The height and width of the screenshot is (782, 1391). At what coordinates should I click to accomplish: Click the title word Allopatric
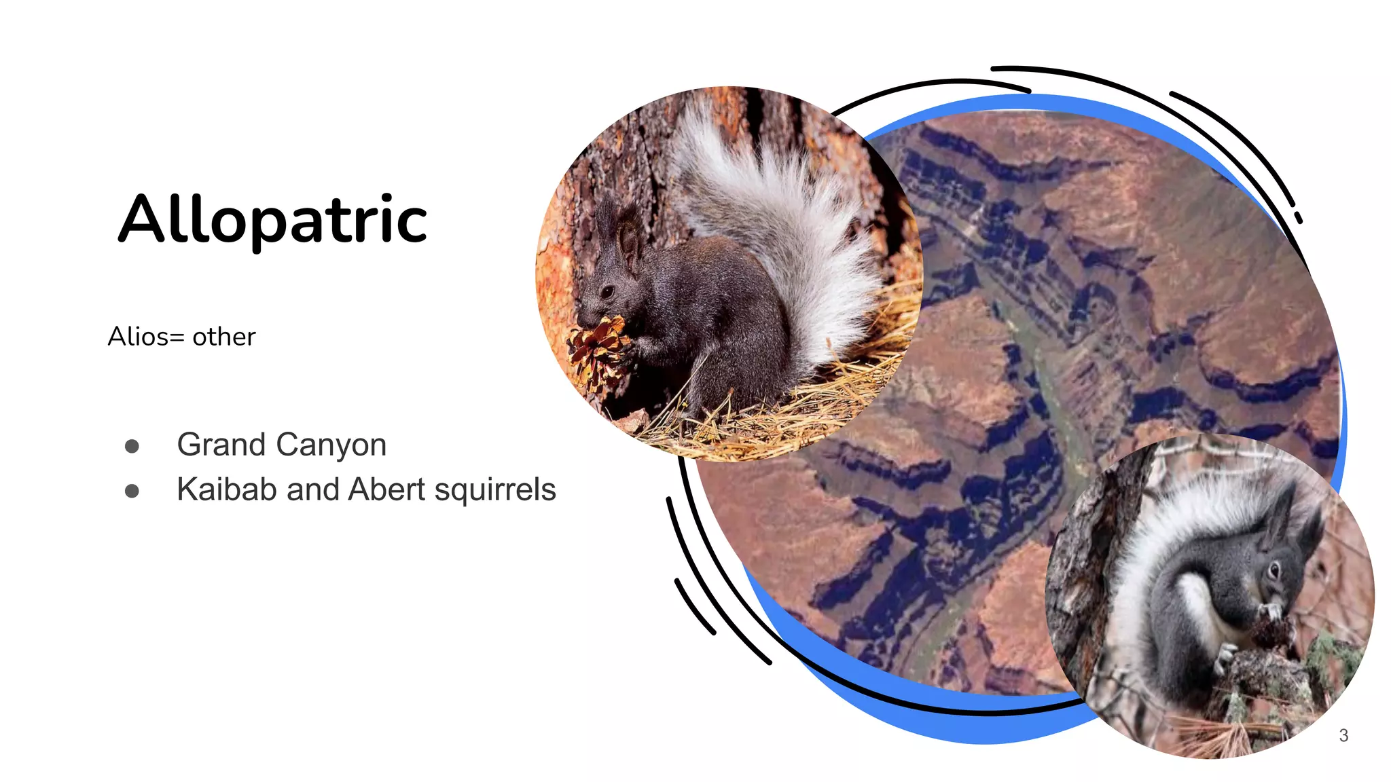[x=273, y=219]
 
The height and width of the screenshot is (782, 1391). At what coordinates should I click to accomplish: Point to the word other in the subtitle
[x=224, y=337]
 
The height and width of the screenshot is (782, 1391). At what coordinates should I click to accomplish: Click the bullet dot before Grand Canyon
[x=132, y=446]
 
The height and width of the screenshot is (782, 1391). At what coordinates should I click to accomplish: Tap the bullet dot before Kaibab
[x=132, y=491]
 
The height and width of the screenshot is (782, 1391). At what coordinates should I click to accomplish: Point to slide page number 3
[x=1343, y=735]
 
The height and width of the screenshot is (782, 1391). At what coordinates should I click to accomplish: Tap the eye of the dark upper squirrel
[x=607, y=292]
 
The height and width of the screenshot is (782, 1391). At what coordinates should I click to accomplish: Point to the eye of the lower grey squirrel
[x=1273, y=569]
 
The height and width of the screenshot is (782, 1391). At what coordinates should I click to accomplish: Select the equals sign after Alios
[x=177, y=337]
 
